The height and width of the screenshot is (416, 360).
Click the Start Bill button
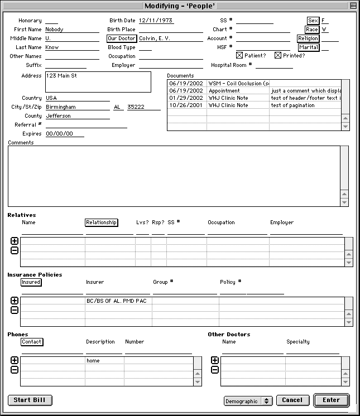click(30, 400)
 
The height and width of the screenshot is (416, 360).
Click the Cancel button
click(292, 400)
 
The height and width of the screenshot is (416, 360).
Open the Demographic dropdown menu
click(247, 400)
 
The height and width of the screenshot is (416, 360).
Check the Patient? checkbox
click(239, 56)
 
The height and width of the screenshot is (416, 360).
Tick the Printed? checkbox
click(278, 56)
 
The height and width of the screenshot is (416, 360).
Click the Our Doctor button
click(122, 38)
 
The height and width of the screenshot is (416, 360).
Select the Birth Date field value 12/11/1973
click(156, 21)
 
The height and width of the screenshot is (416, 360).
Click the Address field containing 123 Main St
click(98, 81)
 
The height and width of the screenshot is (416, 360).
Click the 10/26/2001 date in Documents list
click(186, 105)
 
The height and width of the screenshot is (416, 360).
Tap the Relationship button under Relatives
click(102, 222)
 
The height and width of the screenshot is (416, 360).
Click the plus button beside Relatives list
click(15, 241)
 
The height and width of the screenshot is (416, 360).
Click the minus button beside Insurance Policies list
click(15, 310)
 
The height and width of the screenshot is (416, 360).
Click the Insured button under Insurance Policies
click(31, 282)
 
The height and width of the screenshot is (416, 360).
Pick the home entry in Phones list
click(93, 361)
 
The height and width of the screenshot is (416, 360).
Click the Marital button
click(309, 47)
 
